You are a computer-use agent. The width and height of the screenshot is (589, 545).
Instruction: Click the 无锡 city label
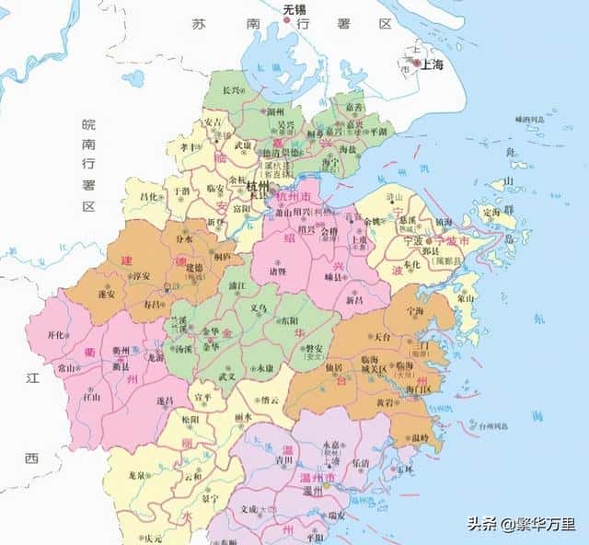pos(293,8)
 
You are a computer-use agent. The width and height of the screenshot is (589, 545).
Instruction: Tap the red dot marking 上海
pos(416,64)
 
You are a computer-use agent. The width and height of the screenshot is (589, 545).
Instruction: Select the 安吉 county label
pos(213,122)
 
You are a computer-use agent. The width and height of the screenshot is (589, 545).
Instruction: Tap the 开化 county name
pos(57,336)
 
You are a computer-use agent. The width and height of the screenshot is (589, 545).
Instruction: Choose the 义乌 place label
pos(260,307)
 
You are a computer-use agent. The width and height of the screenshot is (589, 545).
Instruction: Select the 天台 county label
pos(385,337)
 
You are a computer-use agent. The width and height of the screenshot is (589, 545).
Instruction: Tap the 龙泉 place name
pos(137,476)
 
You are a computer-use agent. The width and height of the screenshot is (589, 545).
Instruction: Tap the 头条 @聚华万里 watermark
pos(521,524)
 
